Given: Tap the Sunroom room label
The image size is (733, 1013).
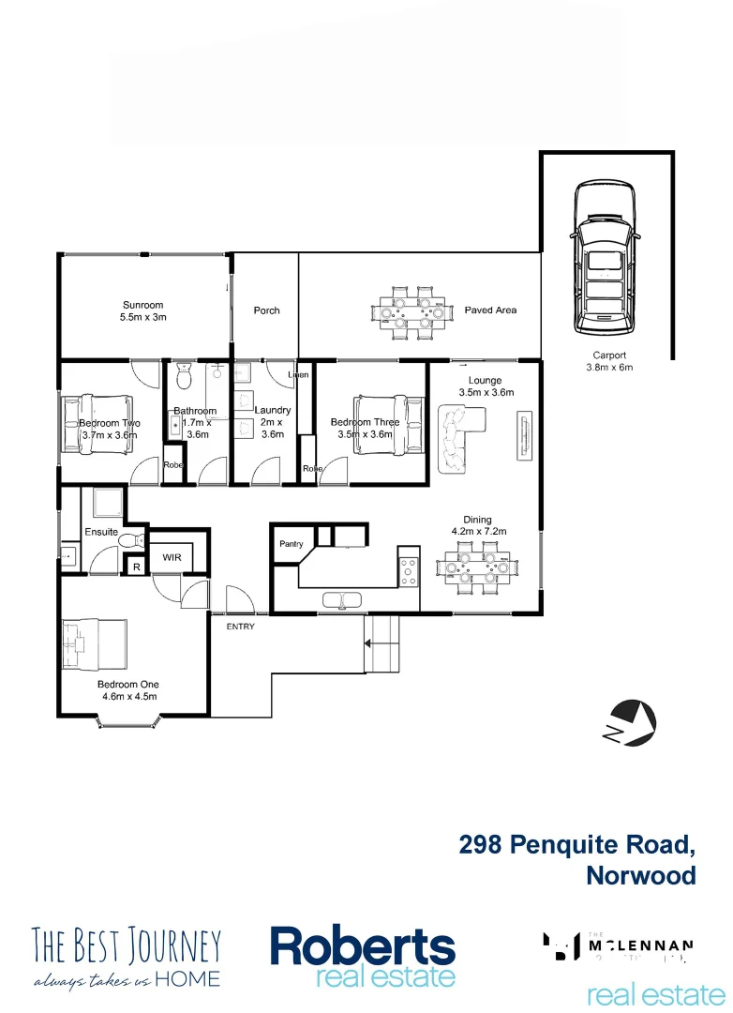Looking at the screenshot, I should [x=142, y=305].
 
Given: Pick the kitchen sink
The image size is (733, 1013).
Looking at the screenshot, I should [x=344, y=599].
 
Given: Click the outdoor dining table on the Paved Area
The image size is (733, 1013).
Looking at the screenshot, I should [x=411, y=311].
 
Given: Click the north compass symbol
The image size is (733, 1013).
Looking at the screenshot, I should [x=630, y=724].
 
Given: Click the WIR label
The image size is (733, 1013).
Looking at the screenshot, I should [x=172, y=557].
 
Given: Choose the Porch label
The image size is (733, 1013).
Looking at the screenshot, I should [x=266, y=310].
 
